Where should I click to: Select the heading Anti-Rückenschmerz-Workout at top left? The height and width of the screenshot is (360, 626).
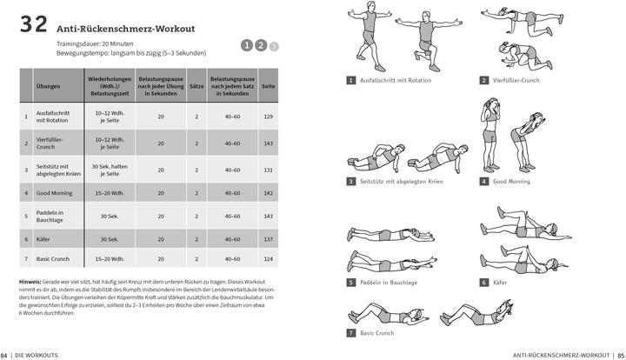tap(127, 29)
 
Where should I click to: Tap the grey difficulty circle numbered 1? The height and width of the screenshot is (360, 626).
tap(247, 46)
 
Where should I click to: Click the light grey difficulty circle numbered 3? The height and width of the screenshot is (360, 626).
tap(273, 46)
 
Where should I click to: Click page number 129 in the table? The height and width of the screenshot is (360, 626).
tap(268, 117)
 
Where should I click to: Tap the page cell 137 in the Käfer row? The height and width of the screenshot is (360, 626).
tap(268, 238)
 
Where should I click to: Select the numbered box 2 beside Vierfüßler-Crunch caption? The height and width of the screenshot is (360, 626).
tap(483, 80)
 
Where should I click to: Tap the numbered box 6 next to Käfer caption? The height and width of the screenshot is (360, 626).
tap(483, 282)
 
